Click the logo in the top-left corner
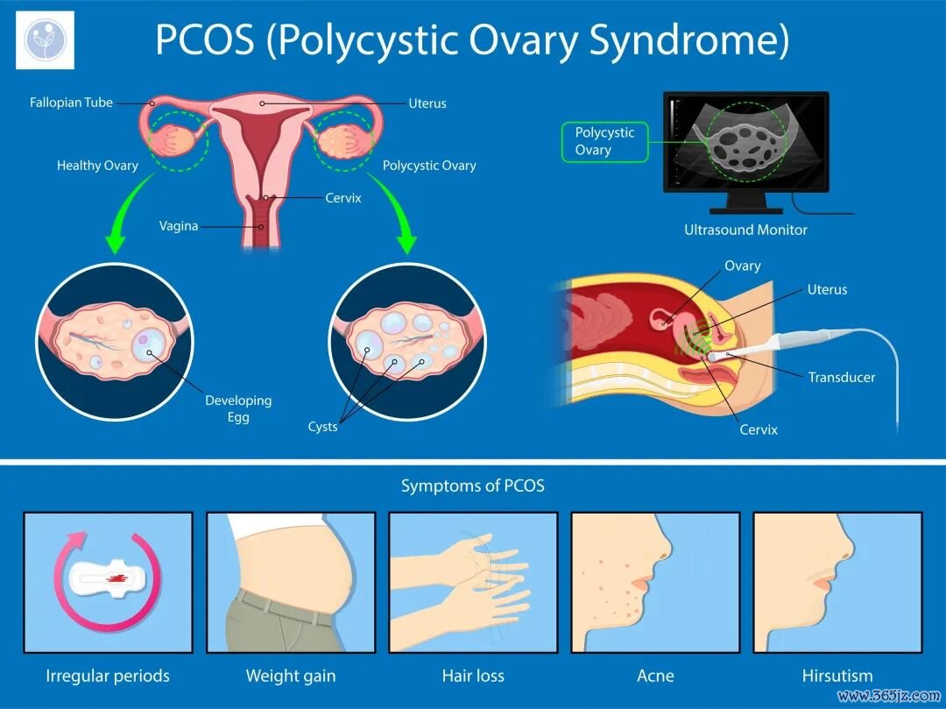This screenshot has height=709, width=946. tap(46, 39)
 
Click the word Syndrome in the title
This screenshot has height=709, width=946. tap(688, 40)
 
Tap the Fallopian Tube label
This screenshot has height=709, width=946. tap(71, 103)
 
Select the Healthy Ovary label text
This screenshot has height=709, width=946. tap(97, 166)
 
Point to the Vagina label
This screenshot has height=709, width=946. tap(179, 226)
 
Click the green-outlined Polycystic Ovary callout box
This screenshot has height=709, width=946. tap(604, 142)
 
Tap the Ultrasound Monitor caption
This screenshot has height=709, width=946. tap(745, 230)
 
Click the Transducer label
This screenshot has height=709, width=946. tap(842, 378)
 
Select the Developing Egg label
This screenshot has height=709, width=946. tap(238, 408)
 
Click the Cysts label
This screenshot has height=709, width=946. tap(322, 427)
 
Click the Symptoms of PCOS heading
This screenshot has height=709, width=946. tap(473, 486)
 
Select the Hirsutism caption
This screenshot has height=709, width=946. tap(837, 676)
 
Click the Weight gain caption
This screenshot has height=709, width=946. tap(291, 676)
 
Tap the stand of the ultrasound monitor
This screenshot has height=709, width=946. tap(746, 202)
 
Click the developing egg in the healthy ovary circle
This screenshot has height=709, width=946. tap(148, 345)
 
